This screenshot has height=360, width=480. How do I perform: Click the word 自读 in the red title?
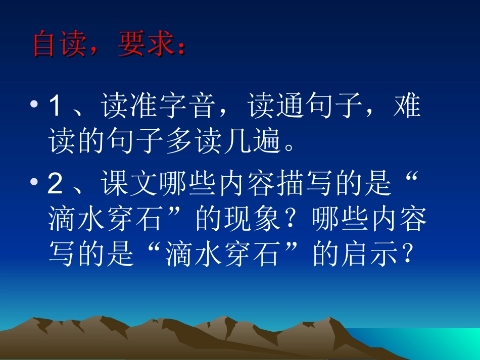(61, 45)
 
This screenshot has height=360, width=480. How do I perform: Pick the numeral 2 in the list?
(55, 185)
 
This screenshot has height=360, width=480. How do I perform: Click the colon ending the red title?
(181, 47)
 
